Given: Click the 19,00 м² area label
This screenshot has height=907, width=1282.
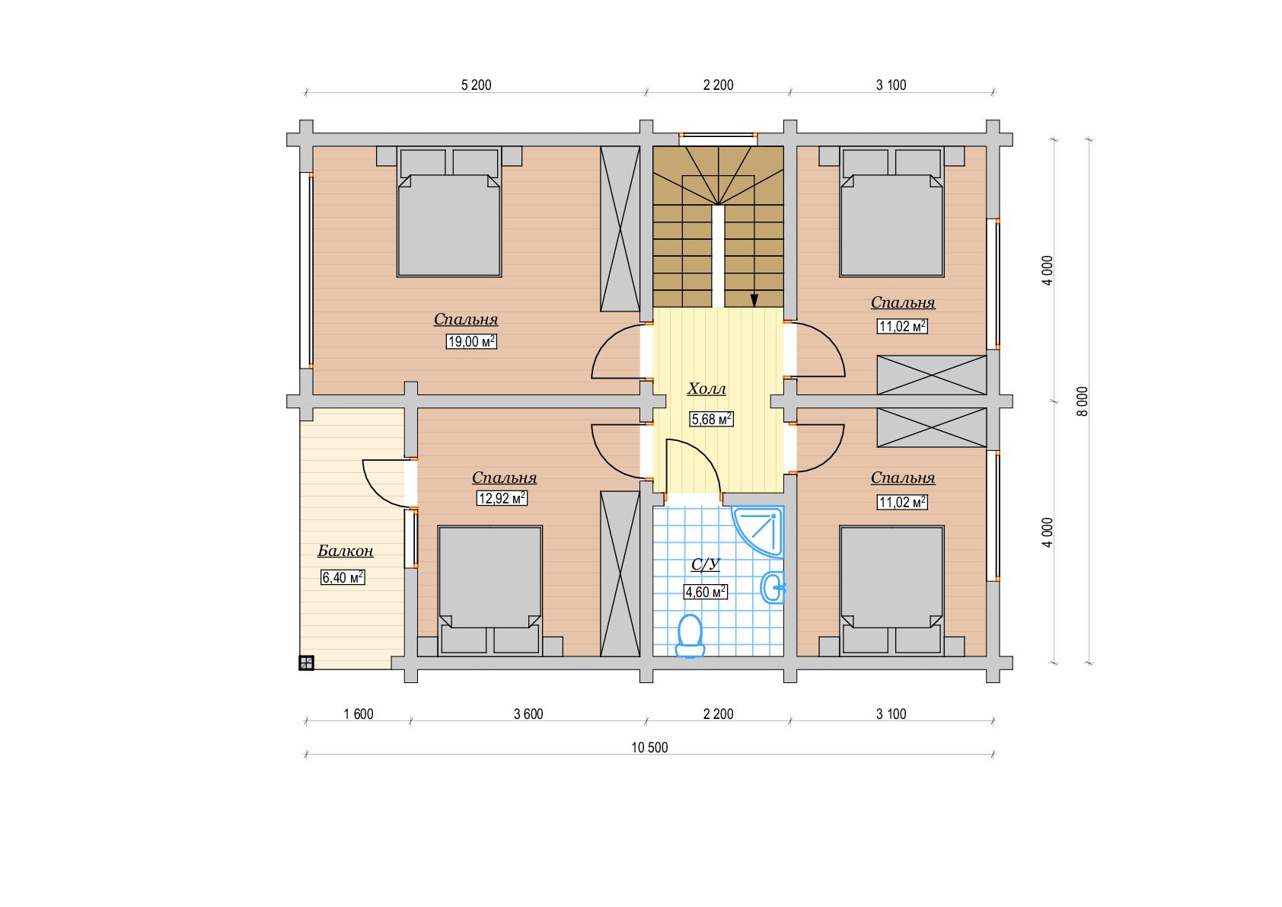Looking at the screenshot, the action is tap(471, 342).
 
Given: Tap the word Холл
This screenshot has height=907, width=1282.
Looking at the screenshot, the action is tap(706, 389).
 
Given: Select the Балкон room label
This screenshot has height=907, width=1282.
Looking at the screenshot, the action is tap(345, 551).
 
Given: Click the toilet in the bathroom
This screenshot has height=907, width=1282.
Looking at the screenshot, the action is tap(690, 636).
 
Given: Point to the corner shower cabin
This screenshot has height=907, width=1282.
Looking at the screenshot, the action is tap(757, 532).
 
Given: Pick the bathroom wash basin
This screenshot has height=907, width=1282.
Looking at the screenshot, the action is tap(773, 587).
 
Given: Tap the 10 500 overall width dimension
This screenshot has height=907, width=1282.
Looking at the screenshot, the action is tap(649, 747).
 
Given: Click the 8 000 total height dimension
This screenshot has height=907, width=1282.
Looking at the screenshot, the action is tap(1082, 401).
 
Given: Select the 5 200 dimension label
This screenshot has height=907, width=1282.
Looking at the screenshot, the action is tap(476, 85).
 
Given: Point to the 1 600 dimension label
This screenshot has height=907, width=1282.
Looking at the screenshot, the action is tap(359, 714).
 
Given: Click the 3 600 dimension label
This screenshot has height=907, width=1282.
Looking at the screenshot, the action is tap(528, 714).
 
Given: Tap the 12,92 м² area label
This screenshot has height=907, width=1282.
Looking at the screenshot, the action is tap(502, 498).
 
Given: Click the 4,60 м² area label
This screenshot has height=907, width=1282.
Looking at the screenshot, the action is tap(706, 592).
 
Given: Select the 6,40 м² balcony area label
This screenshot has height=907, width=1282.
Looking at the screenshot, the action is tap(343, 577).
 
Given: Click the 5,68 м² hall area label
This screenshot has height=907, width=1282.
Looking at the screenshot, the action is tap(711, 419).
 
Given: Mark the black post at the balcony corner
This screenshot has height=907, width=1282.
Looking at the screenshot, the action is tap(306, 663).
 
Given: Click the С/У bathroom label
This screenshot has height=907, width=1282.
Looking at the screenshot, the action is tap(705, 564).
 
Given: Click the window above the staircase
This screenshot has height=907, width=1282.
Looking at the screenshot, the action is tap(718, 136).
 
